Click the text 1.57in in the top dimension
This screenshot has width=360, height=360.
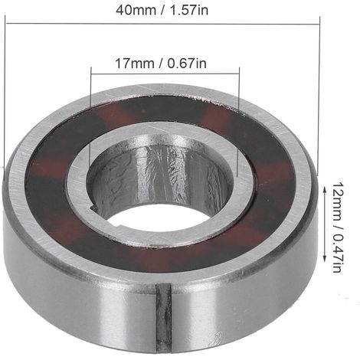189,10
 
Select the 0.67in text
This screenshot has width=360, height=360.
187,64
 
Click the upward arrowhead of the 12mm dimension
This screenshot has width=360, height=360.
325,189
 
